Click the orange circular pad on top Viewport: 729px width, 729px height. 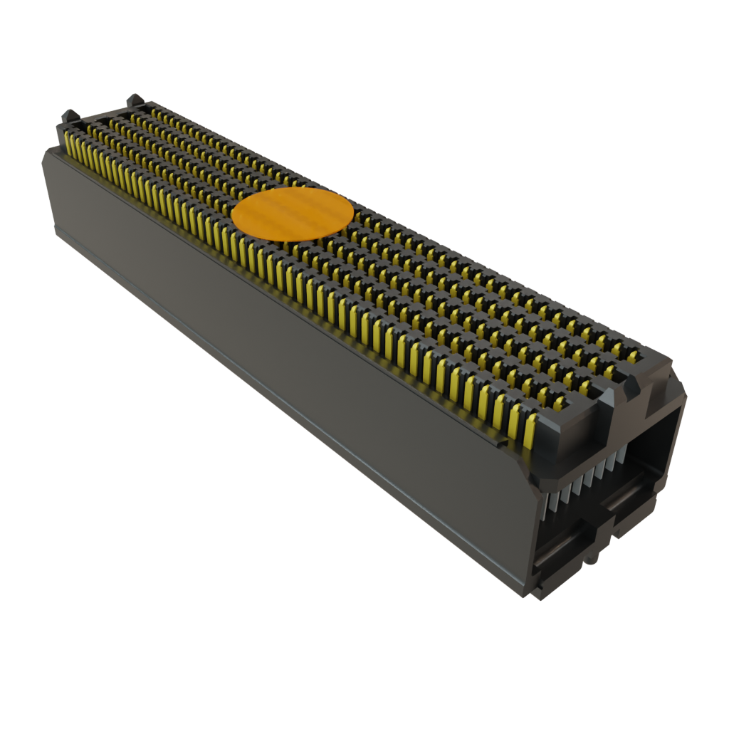coord(293,213)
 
